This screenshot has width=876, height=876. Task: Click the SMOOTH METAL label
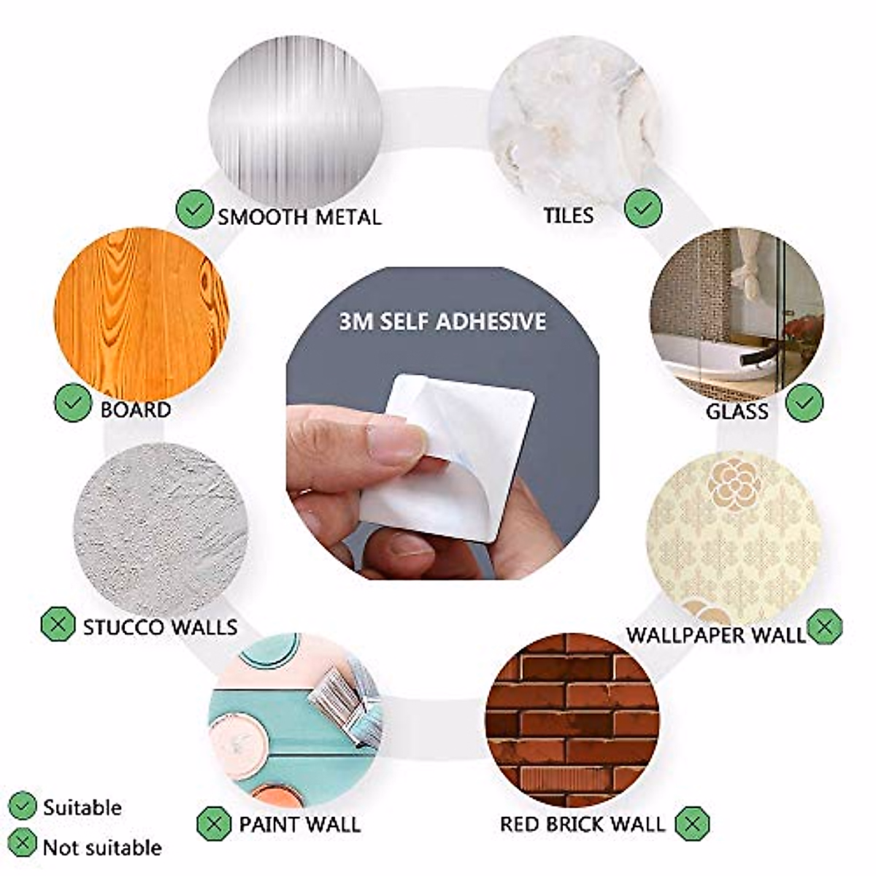click(x=299, y=217)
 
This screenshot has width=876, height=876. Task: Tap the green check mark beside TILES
click(x=643, y=208)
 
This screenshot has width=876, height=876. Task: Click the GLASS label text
click(x=737, y=412)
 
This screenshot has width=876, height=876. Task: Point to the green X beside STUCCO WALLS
click(x=58, y=625)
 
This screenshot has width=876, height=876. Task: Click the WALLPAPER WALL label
click(x=715, y=634)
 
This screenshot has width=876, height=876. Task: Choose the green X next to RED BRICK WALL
click(x=692, y=824)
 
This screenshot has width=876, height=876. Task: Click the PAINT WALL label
click(x=299, y=825)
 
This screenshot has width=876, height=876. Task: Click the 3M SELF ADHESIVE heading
click(x=442, y=321)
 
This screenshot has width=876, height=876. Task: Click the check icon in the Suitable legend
click(x=22, y=806)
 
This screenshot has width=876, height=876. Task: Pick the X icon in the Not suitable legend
click(x=22, y=845)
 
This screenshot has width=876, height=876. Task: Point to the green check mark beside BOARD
click(x=73, y=402)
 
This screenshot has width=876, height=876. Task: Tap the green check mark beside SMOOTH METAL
click(x=194, y=210)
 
